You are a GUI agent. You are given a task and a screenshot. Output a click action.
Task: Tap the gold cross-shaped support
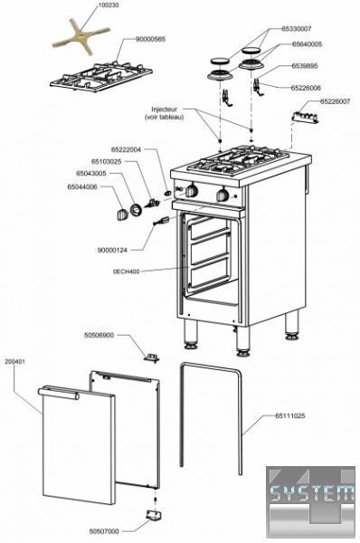pos(81,36)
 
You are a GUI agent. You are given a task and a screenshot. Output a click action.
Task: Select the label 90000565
pos(150,39)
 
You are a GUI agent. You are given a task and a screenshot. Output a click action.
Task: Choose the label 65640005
pos(307,44)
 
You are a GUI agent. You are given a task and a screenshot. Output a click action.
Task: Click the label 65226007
pos(335,101)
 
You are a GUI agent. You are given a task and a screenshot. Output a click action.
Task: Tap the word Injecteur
pos(164,110)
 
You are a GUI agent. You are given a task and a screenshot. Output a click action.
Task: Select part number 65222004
pos(126,150)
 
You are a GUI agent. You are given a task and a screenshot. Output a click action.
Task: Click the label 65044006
pos(82,187)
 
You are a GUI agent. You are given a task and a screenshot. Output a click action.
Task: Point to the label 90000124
pos(112,250)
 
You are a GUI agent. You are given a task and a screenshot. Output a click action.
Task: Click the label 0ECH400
pos(126,271)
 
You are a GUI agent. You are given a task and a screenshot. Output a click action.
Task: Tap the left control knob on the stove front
pos(192,191)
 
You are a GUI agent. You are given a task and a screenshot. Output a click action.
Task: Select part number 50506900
pos(99,335)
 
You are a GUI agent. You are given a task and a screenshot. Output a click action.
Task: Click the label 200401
pos(14,361)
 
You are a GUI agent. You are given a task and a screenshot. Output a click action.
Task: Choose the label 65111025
pos(290,415)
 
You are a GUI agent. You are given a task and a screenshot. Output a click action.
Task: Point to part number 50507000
pos(104,531)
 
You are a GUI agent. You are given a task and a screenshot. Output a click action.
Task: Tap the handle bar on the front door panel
pos(58,394)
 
